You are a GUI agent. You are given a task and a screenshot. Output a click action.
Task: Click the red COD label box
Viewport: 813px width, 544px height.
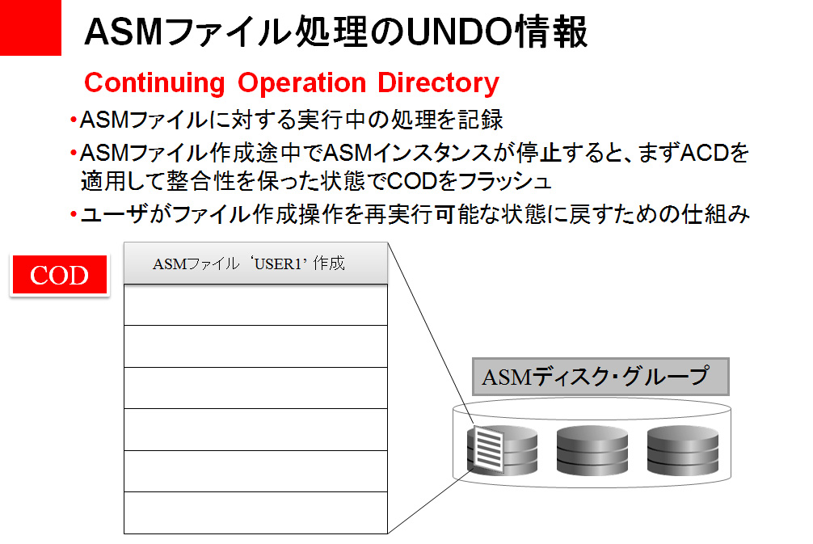tap(59, 276)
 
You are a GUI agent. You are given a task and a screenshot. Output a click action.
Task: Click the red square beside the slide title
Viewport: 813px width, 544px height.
tap(30, 27)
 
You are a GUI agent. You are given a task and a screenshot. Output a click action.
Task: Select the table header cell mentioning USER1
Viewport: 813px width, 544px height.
tap(255, 264)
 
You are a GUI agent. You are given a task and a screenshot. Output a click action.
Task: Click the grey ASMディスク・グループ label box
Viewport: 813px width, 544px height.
tap(600, 377)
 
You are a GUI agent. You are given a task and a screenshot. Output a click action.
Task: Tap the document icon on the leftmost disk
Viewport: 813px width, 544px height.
tap(487, 449)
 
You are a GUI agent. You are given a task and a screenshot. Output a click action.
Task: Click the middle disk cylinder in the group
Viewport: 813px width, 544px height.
tap(592, 450)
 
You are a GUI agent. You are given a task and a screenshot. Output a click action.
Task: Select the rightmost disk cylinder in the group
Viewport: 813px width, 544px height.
tap(682, 450)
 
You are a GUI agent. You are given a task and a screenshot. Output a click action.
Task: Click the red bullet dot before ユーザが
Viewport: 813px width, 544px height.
tap(73, 214)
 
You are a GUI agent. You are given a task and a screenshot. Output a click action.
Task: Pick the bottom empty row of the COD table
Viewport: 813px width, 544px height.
tap(255, 512)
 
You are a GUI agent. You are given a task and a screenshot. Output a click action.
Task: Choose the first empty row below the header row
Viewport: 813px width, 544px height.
tap(255, 305)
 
